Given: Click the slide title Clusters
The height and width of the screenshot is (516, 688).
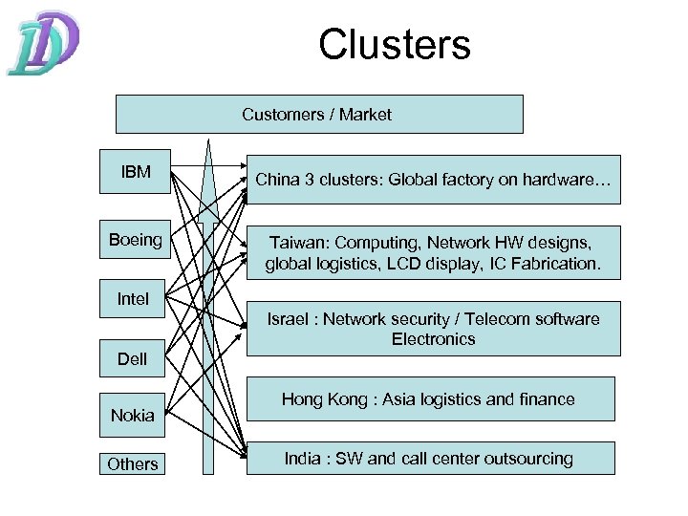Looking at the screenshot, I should coord(395,45).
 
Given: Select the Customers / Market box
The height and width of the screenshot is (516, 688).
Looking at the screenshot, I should coord(319,115).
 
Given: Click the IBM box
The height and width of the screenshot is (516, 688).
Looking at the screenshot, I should coord(135,173).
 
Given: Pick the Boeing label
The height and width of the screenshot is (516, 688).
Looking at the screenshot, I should coord(135,239).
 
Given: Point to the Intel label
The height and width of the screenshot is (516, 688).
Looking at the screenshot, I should coord(134,299).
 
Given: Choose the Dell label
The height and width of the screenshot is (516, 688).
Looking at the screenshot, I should coord(134,360).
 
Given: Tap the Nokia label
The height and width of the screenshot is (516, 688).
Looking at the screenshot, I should coord(133,415).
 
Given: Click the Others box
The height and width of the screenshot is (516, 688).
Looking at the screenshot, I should coord(133,464).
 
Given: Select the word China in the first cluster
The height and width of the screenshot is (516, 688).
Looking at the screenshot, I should coord(277,179).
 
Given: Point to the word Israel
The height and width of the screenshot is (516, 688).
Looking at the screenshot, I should coord(289,319).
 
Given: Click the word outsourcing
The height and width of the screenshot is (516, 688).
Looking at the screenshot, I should coord(527,459).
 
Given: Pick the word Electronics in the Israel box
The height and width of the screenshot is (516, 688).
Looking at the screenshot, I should coord(433,339).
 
